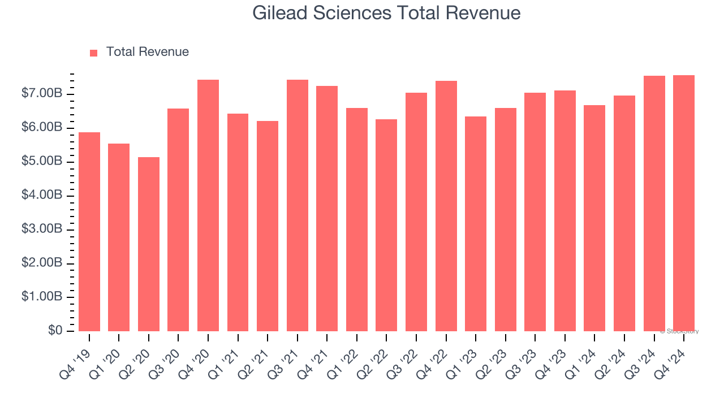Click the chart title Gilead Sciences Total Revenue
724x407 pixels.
tap(386, 12)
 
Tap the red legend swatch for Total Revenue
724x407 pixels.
tap(94, 53)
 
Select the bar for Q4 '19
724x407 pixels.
tap(89, 232)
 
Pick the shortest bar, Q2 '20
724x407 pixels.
tap(149, 244)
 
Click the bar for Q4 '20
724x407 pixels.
tap(208, 205)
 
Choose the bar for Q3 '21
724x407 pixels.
tap(298, 205)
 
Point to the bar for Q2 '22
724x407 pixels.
tap(386, 225)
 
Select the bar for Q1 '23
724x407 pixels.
tap(476, 224)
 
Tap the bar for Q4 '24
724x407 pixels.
tap(684, 203)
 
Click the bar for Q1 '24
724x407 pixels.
tap(594, 218)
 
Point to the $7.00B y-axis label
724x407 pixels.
tap(42, 94)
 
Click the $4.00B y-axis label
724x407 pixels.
tap(42, 196)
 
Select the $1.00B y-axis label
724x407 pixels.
tap(42, 297)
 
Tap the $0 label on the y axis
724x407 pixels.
tap(55, 331)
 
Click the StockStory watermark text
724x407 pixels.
tap(679, 331)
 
